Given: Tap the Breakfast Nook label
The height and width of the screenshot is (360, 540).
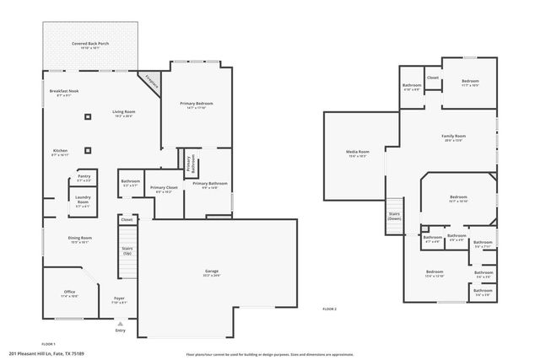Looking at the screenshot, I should tap(65, 92).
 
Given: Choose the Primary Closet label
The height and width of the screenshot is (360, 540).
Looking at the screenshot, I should tap(163, 189).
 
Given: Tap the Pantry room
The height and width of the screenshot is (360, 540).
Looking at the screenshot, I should tap(84, 179).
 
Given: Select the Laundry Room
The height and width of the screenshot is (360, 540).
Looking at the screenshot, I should tap(83, 201).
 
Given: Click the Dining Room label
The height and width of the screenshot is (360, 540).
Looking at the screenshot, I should tap(80, 239).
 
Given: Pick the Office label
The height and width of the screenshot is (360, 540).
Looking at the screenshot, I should tap(69, 293).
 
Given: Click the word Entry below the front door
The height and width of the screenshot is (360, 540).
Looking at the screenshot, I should tap(120, 330).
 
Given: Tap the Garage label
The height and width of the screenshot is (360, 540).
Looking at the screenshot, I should tap(211, 272).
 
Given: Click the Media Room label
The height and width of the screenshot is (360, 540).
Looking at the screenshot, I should tap(357, 153).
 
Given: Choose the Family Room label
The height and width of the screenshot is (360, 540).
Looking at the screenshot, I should tap(454, 137).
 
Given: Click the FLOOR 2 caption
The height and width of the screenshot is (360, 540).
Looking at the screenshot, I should tap(329, 309).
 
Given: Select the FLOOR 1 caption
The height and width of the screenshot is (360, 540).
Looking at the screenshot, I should tap(49, 344).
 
